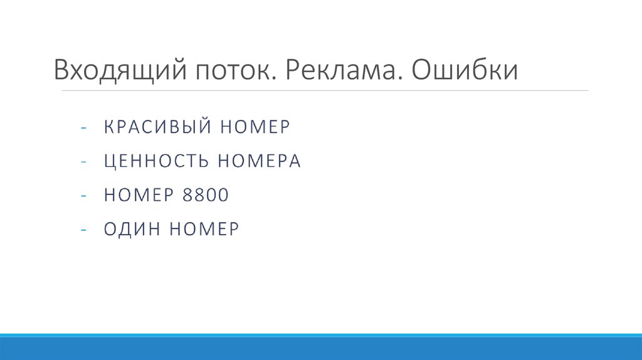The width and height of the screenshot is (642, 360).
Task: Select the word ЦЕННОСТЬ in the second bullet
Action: click(157, 161)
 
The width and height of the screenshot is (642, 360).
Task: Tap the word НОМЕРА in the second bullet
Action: click(260, 161)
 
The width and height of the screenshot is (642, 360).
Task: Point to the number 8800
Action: click(205, 196)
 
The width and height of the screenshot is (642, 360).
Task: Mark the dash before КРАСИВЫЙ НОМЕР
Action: click(83, 128)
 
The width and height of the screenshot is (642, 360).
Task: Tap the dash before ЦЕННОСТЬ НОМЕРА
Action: click(83, 162)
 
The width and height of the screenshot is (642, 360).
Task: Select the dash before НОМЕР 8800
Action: click(83, 196)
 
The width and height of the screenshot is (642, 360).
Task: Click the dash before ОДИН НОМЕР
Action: click(83, 230)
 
